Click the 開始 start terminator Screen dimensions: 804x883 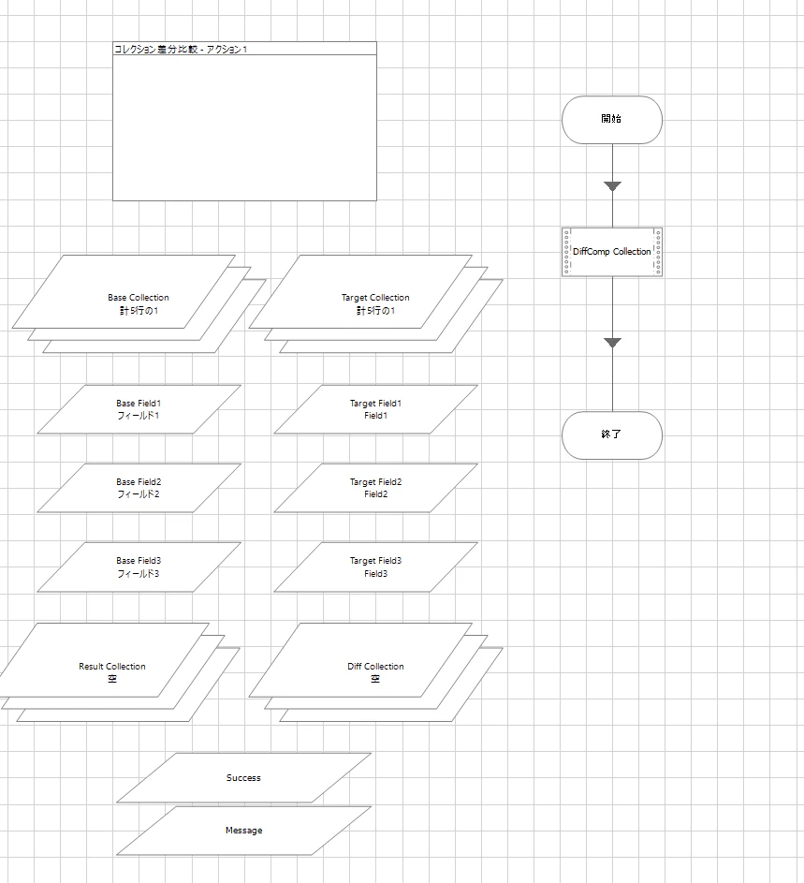tap(612, 119)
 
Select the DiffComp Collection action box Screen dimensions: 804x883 tap(612, 252)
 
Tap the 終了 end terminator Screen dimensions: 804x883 tap(612, 434)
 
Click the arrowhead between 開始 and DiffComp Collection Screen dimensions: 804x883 tap(612, 186)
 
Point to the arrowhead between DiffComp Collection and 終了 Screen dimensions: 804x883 tap(612, 343)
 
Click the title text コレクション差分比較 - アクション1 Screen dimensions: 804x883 tap(181, 49)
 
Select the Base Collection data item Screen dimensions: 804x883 tap(139, 304)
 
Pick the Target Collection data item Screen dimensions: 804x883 tap(375, 304)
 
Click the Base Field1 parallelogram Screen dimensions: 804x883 tap(139, 409)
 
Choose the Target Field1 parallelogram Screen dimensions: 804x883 tap(375, 409)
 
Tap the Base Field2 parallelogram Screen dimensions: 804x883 tap(139, 488)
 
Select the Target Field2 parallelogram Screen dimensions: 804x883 tap(375, 488)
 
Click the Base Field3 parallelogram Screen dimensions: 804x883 tap(139, 567)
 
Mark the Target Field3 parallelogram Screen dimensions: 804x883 tap(375, 567)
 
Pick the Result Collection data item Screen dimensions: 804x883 tap(112, 672)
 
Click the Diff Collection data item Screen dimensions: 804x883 tap(375, 672)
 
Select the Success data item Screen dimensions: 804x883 tap(243, 778)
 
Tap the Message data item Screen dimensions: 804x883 tap(243, 831)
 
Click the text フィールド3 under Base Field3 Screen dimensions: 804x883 tap(139, 574)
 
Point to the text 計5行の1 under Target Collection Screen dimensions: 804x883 tap(375, 311)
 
